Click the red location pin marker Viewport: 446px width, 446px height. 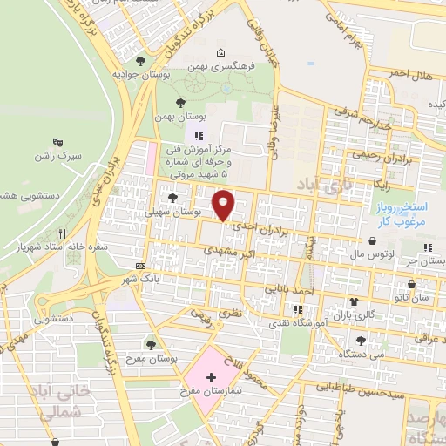pos(224,205)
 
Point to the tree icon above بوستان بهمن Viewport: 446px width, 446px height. pos(181,102)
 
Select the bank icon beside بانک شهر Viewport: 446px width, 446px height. pos(141,266)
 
